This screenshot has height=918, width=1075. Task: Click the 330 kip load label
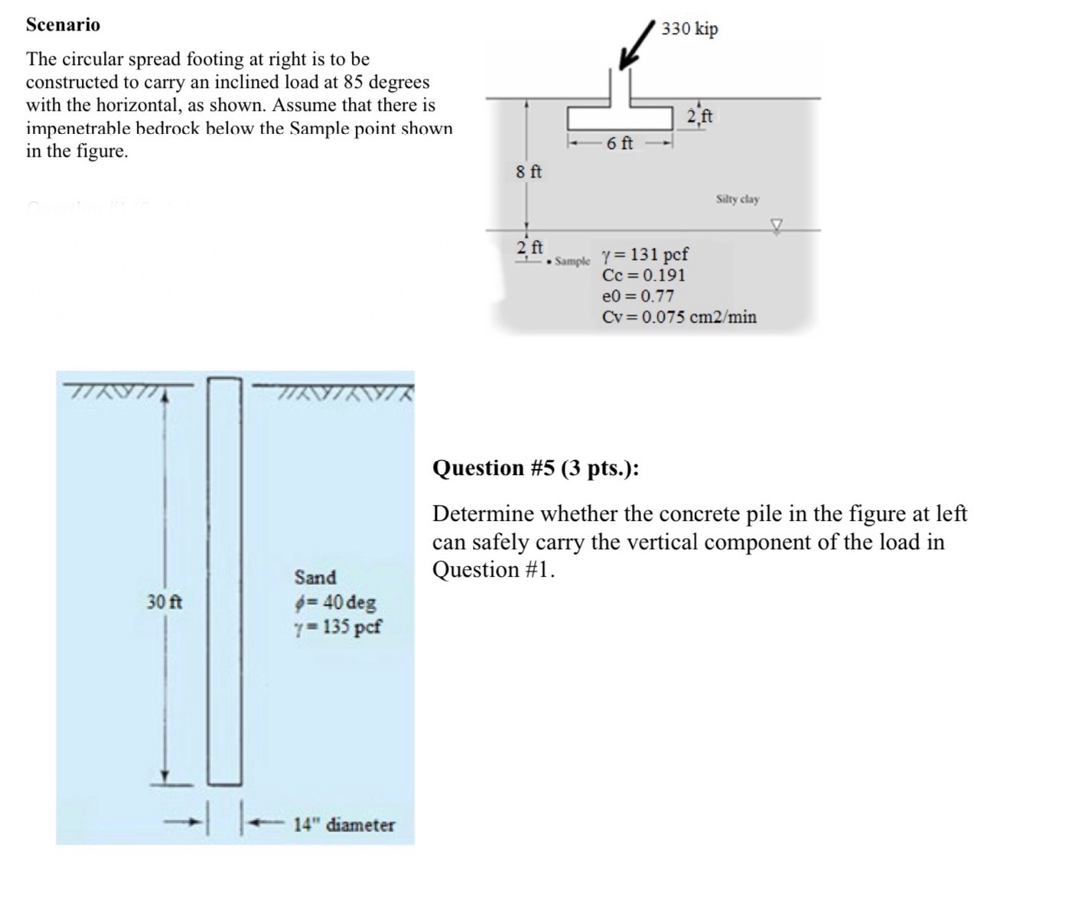pyautogui.click(x=689, y=29)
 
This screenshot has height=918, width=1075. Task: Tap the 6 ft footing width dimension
pyautogui.click(x=619, y=143)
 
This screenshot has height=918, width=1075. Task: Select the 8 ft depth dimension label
pyautogui.click(x=528, y=172)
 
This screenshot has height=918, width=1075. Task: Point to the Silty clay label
pyautogui.click(x=738, y=199)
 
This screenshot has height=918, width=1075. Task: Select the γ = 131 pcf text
pyautogui.click(x=645, y=254)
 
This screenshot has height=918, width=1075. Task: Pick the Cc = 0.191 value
pyautogui.click(x=643, y=275)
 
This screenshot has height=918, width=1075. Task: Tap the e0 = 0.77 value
pyautogui.click(x=638, y=296)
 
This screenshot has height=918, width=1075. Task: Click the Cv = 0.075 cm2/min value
pyautogui.click(x=679, y=317)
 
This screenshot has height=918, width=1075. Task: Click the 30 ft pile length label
pyautogui.click(x=165, y=602)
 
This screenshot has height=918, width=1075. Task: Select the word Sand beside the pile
pyautogui.click(x=315, y=577)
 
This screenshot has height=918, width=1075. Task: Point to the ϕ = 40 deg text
pyautogui.click(x=335, y=602)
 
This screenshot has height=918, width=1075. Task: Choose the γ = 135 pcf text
pyautogui.click(x=337, y=627)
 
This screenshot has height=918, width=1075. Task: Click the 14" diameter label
pyautogui.click(x=344, y=825)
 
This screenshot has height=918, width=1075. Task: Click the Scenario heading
pyautogui.click(x=63, y=24)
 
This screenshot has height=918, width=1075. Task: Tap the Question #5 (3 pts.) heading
pyautogui.click(x=536, y=467)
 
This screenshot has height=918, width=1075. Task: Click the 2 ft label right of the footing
pyautogui.click(x=699, y=116)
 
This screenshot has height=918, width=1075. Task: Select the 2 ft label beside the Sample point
pyautogui.click(x=529, y=247)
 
